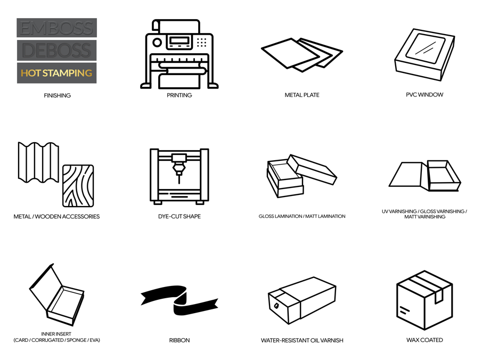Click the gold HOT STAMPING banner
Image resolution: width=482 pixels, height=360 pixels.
[56, 73]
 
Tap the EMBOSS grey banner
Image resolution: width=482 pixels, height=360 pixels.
[56, 28]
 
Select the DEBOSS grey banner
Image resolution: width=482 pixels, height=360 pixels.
[56, 50]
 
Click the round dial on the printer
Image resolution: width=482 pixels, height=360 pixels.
[157, 42]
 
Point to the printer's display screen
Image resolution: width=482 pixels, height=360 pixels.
[180, 41]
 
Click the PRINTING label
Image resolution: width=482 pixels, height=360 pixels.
[179, 95]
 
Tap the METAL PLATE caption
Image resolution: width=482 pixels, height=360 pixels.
[302, 95]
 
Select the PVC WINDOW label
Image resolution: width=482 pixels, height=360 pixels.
[424, 95]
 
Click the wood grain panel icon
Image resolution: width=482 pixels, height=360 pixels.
[78, 186]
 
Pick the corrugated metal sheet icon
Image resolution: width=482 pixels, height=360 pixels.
[38, 162]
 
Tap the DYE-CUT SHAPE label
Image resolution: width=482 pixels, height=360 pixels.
[179, 216]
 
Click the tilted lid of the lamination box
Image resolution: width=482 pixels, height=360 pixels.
[312, 169]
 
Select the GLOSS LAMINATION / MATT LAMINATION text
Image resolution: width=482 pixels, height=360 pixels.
[302, 216]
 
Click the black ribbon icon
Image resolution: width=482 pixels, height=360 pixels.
[179, 300]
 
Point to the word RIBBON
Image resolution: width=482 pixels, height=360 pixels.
[179, 340]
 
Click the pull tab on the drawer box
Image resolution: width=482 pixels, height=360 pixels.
[276, 306]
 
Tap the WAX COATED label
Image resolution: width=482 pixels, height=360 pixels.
[424, 340]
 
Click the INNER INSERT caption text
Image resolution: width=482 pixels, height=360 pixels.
[56, 334]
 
